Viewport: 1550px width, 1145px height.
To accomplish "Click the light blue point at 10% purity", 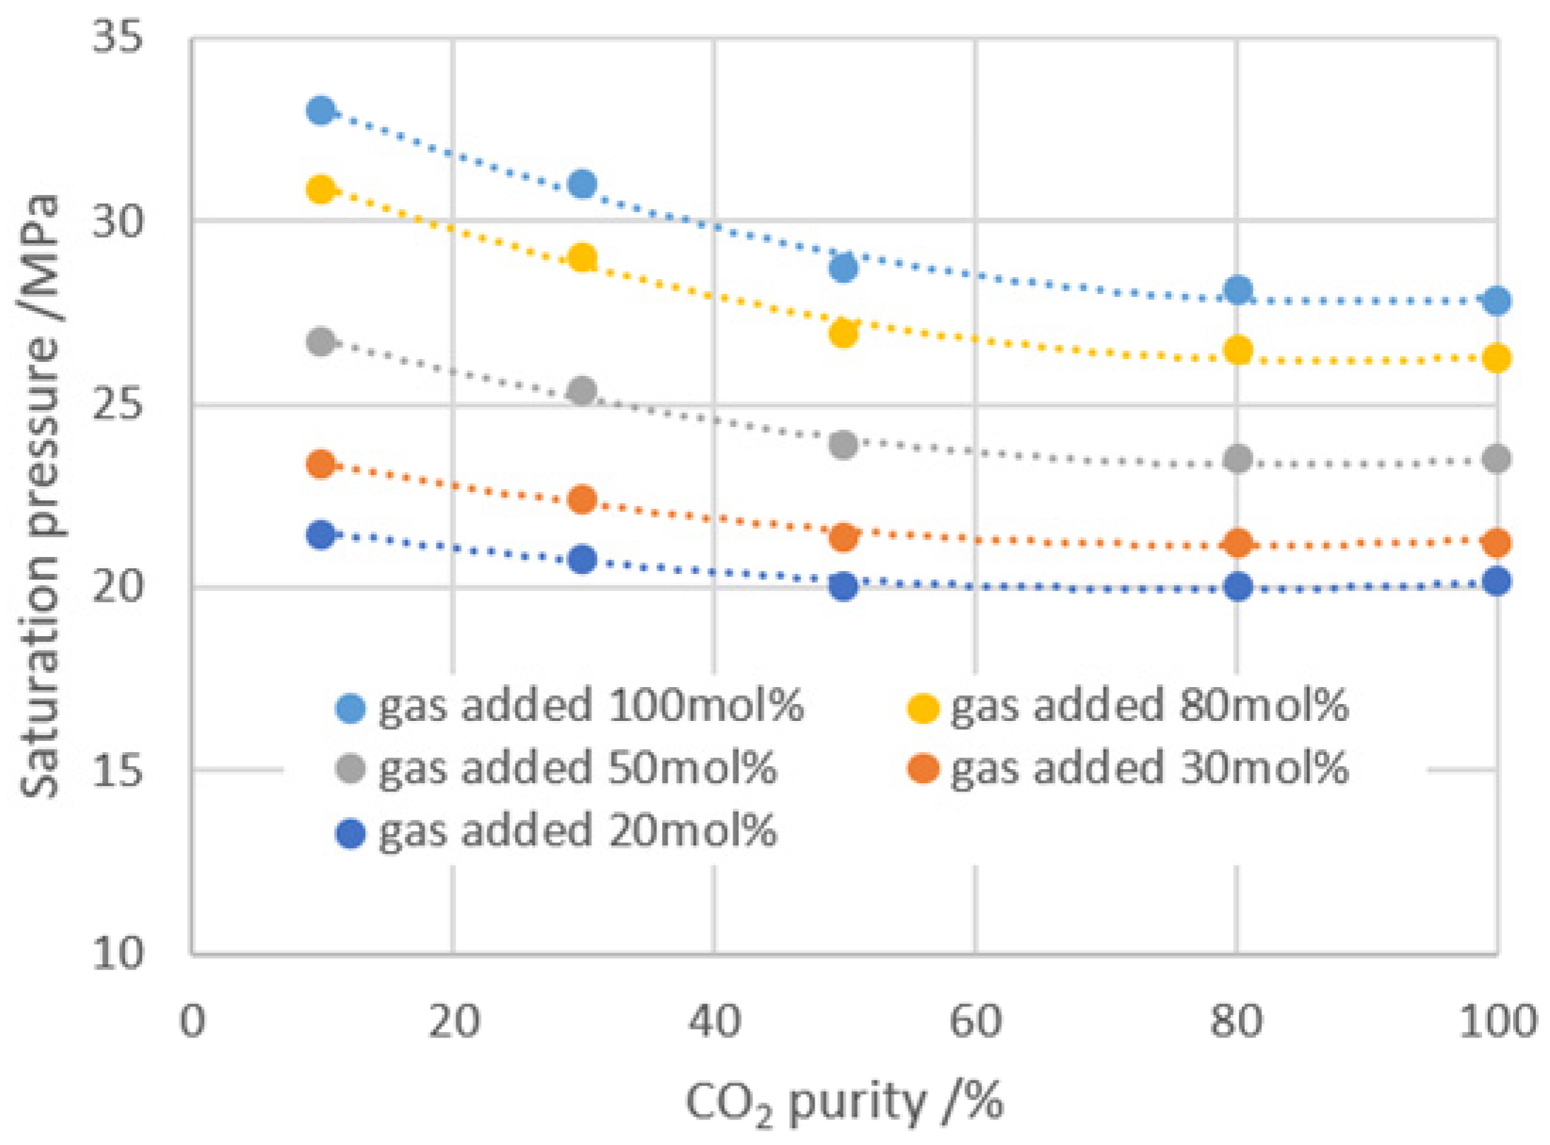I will click(x=321, y=110).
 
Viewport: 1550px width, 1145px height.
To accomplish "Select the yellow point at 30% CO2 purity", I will click(x=582, y=258).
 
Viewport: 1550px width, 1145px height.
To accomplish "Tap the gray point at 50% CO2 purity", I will click(x=843, y=445).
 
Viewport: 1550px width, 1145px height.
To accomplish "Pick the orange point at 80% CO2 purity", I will click(x=1237, y=544).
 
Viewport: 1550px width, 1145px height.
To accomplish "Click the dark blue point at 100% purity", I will click(x=1496, y=582).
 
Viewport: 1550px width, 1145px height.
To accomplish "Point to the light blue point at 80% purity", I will click(x=1237, y=290).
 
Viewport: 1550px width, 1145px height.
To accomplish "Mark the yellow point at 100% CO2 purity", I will click(x=1496, y=358).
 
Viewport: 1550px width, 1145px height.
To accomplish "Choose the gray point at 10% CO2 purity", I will click(x=321, y=342).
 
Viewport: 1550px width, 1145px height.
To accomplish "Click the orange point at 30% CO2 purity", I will click(x=582, y=500).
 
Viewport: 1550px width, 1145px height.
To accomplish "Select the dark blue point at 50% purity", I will click(x=843, y=586).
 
